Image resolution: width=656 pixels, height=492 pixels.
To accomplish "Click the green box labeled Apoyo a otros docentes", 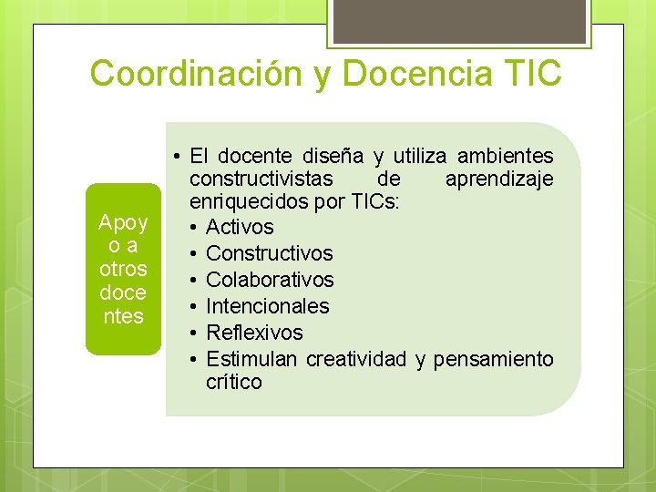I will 122,270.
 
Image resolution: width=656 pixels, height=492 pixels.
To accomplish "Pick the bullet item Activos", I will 240,227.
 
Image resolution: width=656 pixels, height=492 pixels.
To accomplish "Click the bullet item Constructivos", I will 270,253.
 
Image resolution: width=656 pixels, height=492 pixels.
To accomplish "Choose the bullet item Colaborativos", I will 270,280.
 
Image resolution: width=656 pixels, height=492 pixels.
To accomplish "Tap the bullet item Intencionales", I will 268,306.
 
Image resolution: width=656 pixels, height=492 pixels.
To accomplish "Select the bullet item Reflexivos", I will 254,333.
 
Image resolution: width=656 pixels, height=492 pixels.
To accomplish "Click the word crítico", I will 233,382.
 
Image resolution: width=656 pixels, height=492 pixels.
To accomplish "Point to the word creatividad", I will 356,359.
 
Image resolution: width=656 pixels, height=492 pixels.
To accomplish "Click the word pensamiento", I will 493,359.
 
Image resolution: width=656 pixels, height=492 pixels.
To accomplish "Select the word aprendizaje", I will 499,179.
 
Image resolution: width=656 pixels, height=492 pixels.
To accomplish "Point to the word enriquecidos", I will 246,202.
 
